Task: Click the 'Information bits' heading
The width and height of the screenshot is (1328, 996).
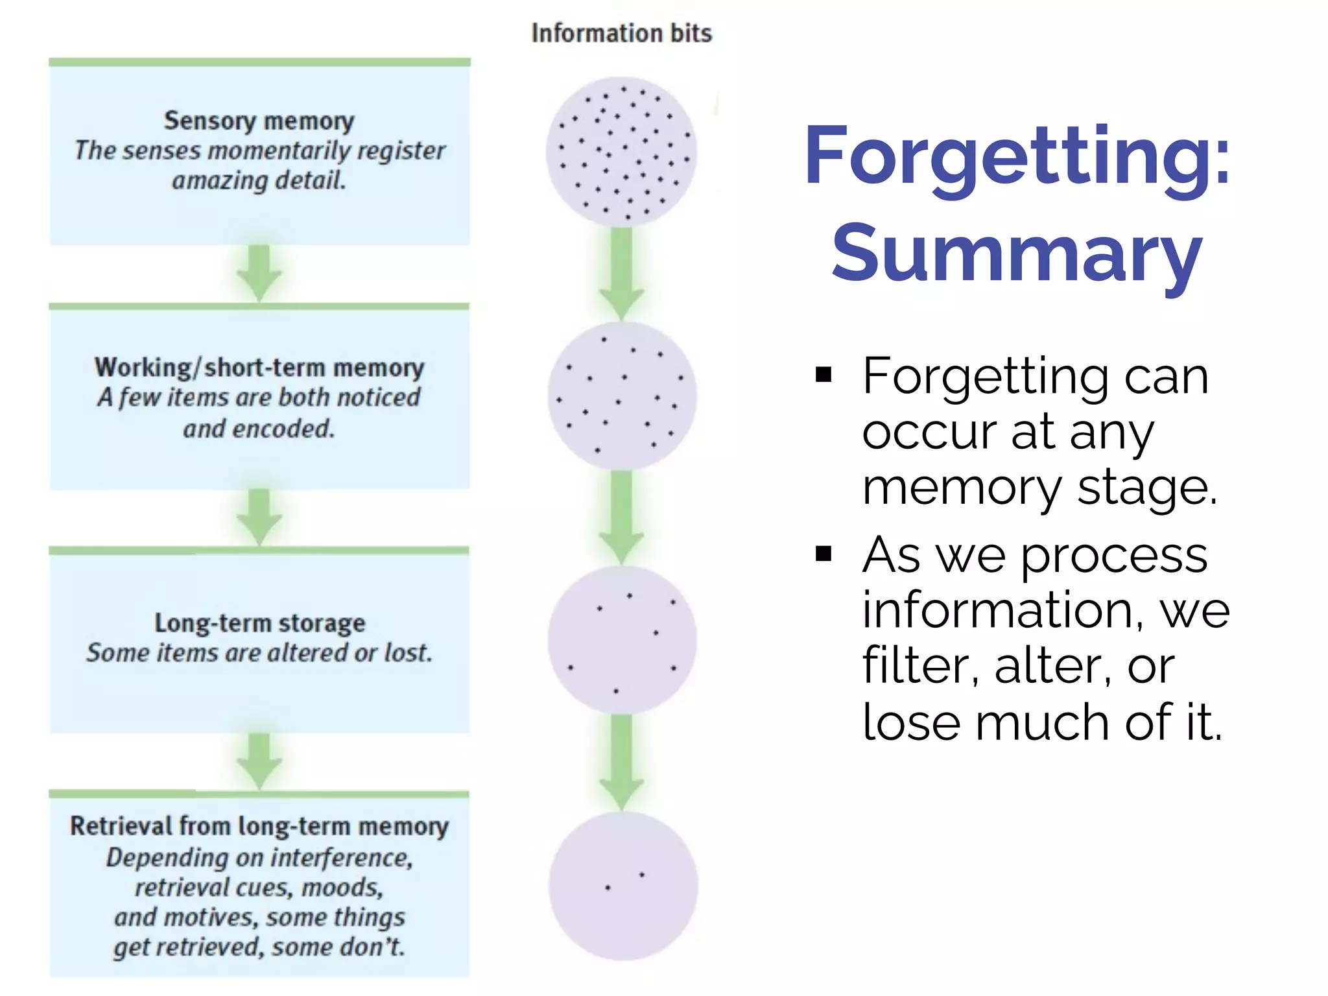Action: (x=621, y=33)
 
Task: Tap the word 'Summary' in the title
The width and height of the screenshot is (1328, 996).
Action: (x=1016, y=254)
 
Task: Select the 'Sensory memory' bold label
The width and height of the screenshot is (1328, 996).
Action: (x=259, y=121)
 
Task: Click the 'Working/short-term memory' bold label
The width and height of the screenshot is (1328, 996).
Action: (x=259, y=367)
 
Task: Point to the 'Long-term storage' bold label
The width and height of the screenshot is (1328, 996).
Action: (x=259, y=622)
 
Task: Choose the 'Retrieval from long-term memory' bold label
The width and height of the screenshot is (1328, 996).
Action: (x=259, y=826)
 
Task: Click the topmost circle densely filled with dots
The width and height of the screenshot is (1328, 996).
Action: (x=621, y=152)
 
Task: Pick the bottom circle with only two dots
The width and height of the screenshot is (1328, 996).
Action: (x=622, y=886)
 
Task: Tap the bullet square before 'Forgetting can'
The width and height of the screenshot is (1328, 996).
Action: (x=824, y=375)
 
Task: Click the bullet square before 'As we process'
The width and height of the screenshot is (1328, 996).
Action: (x=824, y=554)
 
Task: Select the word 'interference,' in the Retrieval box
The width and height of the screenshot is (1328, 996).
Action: (x=341, y=858)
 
